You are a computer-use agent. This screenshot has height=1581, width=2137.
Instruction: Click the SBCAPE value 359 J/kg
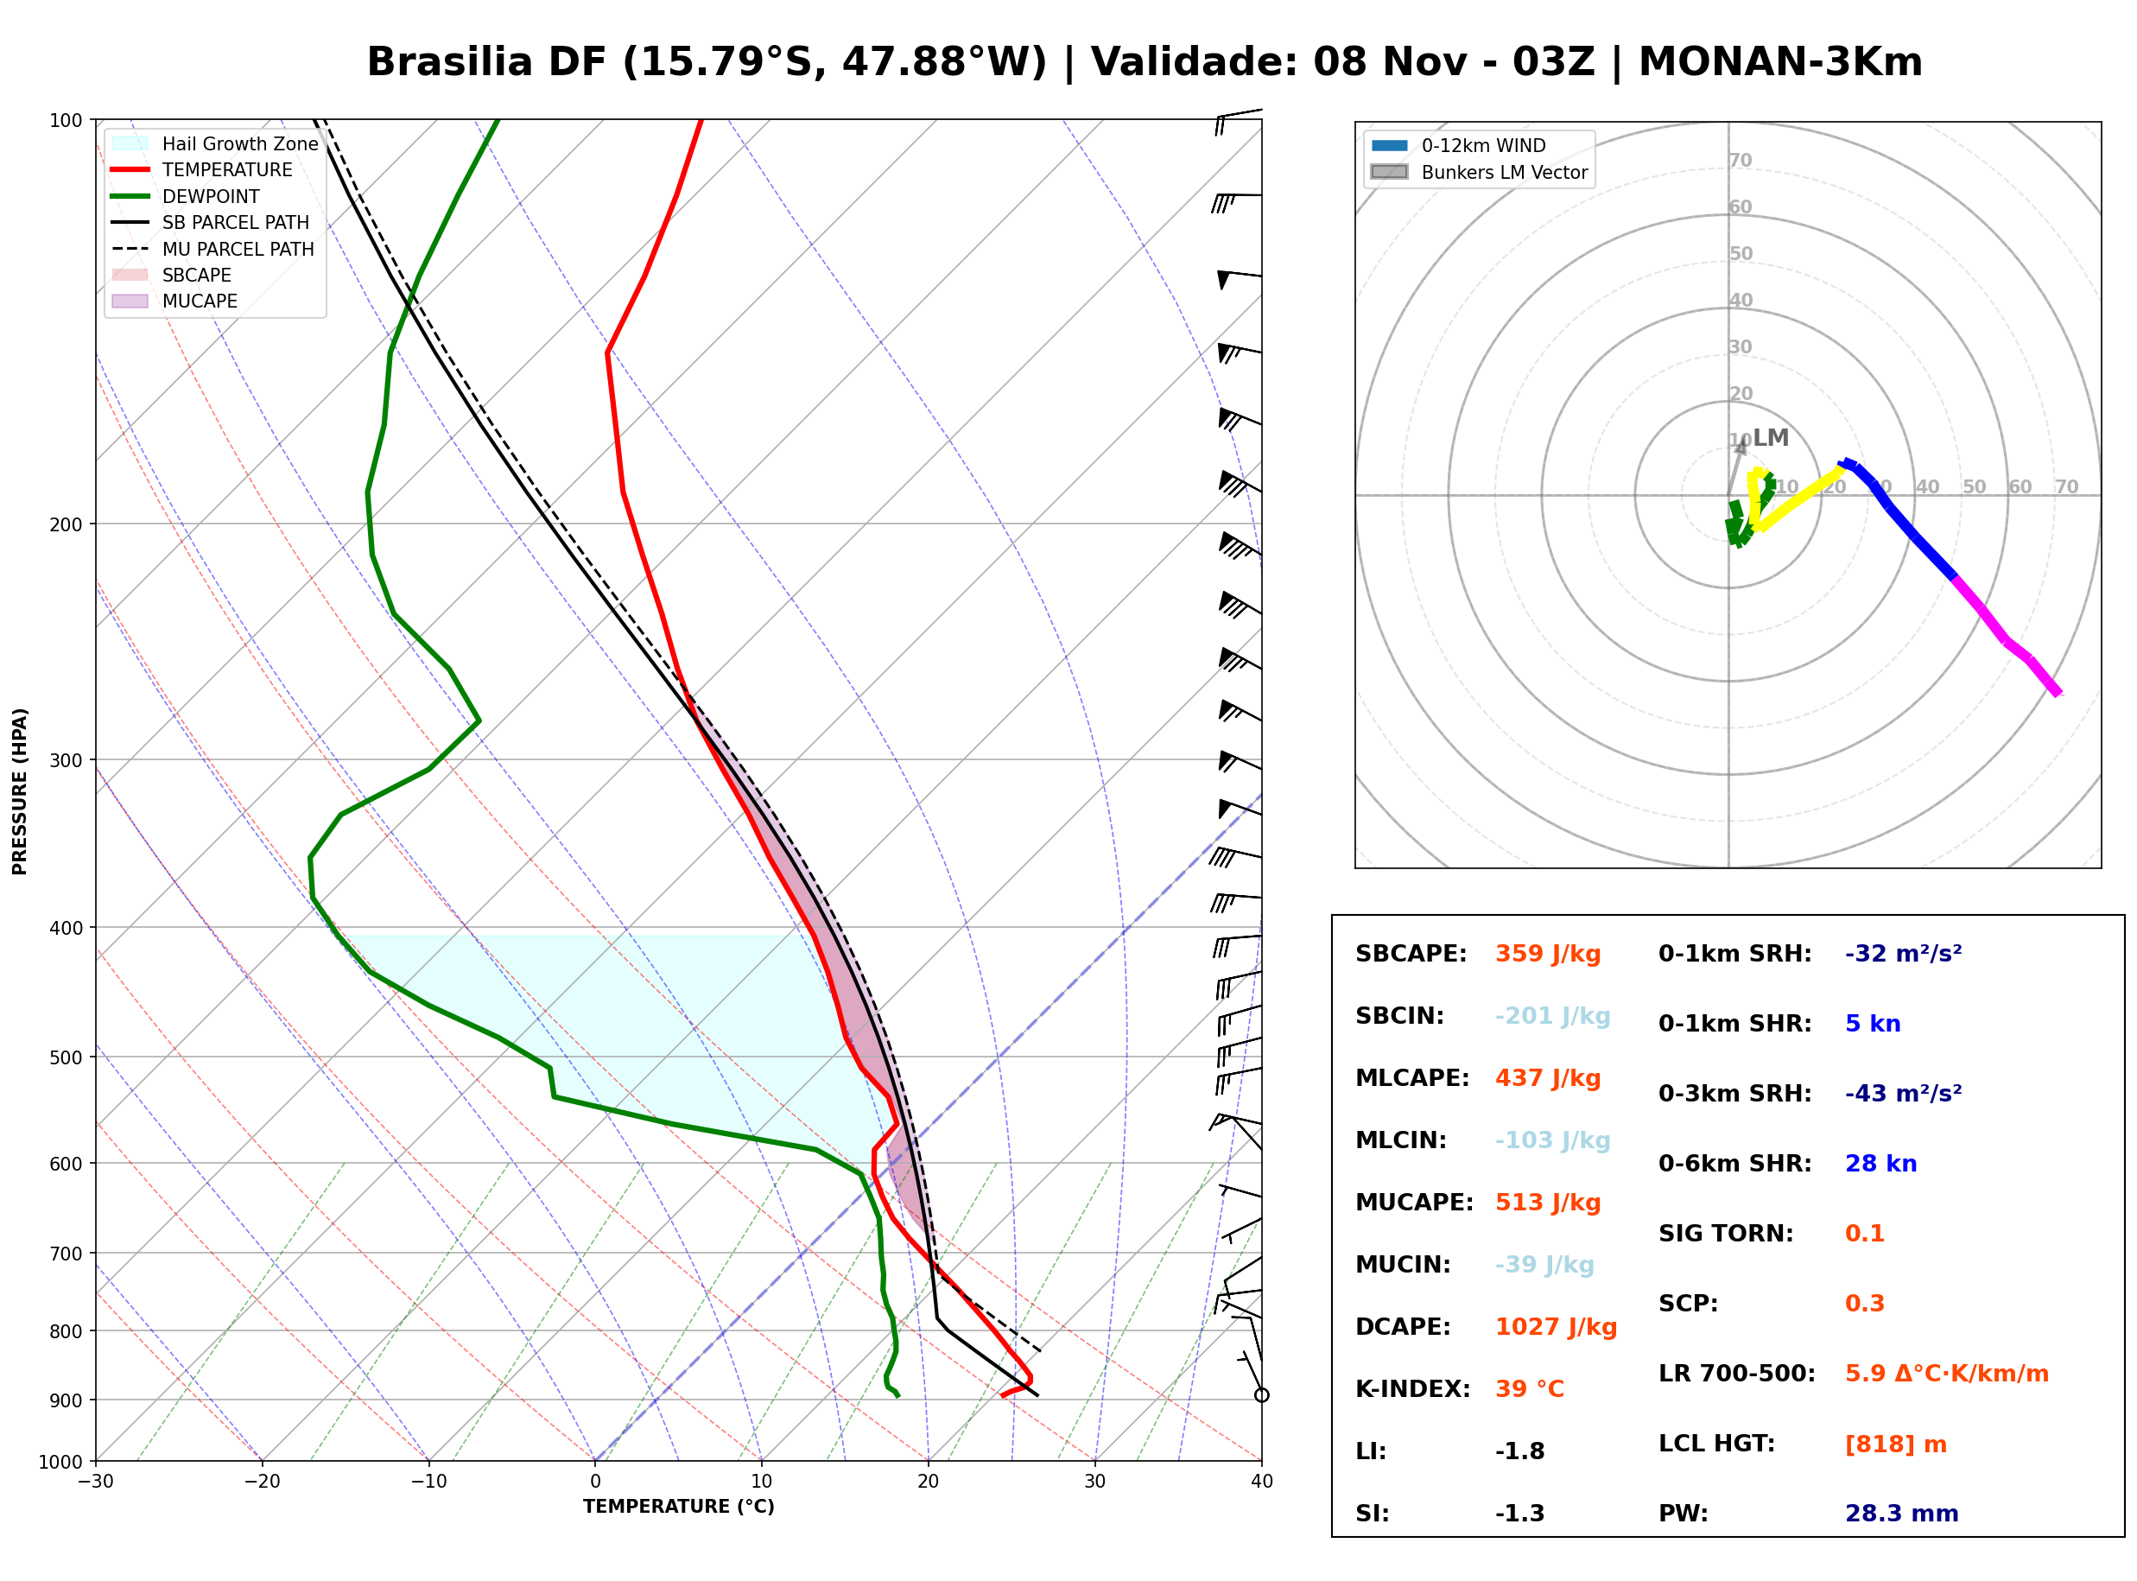[x=1548, y=954]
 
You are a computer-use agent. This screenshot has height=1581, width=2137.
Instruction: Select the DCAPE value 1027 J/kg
[x=1556, y=1327]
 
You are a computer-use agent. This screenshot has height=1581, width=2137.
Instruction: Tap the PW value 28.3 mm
[x=1900, y=1514]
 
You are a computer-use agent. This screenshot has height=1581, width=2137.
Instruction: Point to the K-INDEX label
[x=1412, y=1389]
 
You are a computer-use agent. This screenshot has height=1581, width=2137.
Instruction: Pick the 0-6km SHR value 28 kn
[x=1880, y=1164]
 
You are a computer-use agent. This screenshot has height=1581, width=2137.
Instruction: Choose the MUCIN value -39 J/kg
[x=1544, y=1265]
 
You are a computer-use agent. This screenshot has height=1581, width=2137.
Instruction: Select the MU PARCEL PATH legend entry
[x=212, y=249]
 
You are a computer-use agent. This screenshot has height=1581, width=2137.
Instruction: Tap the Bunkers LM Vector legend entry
[x=1479, y=172]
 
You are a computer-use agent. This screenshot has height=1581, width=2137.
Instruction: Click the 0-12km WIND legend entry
[x=1458, y=145]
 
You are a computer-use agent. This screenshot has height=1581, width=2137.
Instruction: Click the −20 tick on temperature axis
[x=261, y=1482]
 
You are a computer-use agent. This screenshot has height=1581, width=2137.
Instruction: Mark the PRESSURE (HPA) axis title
[x=20, y=791]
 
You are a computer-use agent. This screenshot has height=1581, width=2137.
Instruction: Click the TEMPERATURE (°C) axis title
[x=678, y=1507]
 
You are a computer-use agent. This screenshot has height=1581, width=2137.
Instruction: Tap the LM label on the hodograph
[x=1771, y=438]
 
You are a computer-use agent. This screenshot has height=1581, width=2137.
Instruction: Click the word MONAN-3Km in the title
[x=1780, y=62]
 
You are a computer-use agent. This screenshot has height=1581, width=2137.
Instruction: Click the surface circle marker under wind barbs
[x=1262, y=1395]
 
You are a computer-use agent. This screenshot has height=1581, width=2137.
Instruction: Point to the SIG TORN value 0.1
[x=1864, y=1234]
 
